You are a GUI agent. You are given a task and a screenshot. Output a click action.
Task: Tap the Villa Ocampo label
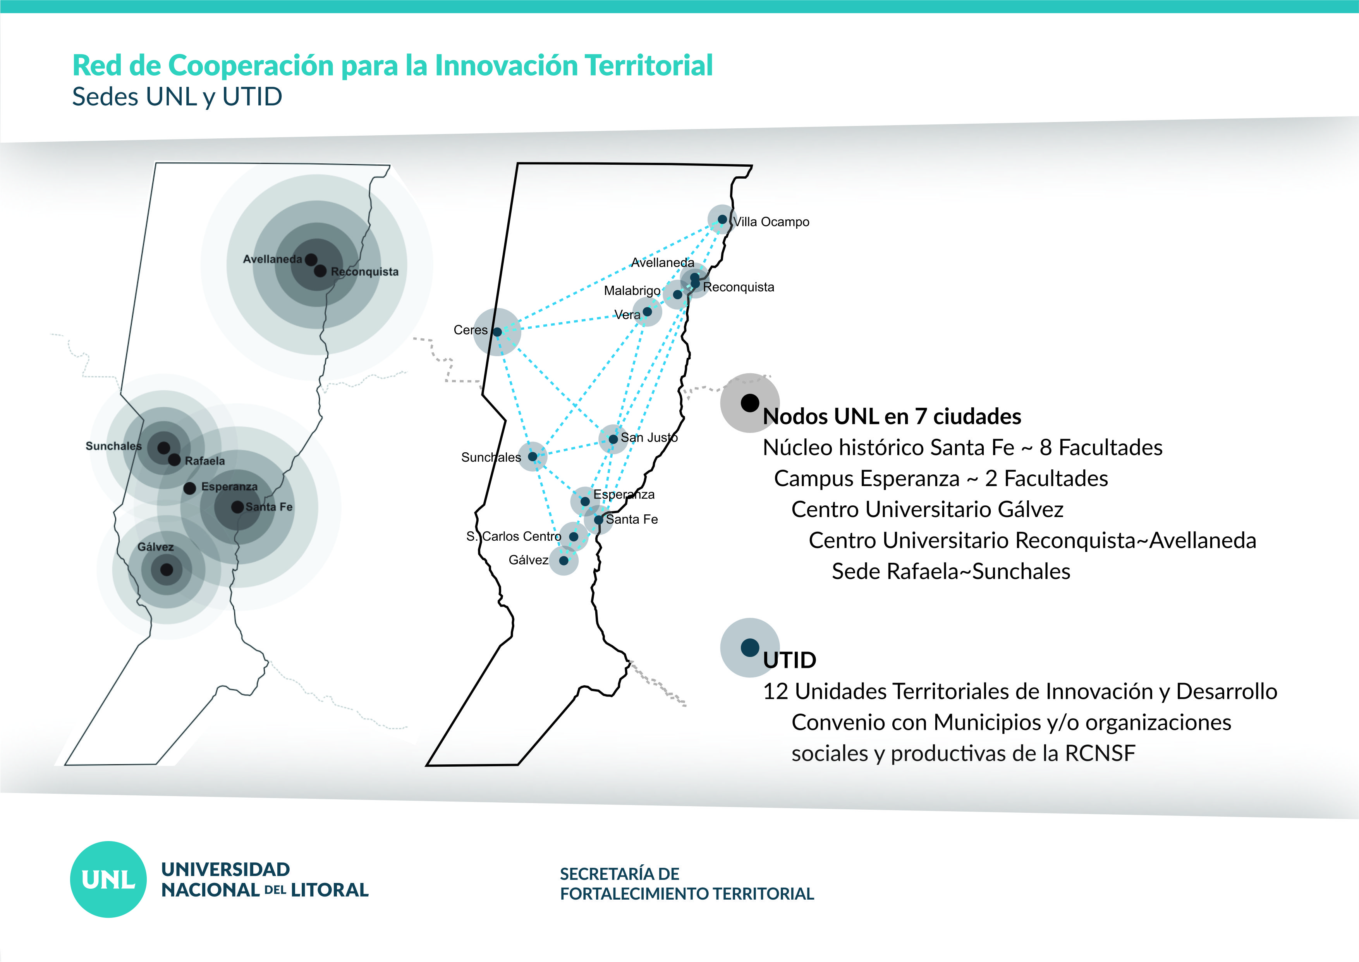[771, 222]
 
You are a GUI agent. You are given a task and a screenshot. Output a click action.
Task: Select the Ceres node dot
[497, 332]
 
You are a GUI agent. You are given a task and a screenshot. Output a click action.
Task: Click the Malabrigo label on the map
[632, 291]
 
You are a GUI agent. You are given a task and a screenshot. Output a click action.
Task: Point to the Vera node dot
[647, 312]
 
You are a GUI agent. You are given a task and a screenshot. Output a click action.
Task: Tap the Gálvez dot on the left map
[167, 569]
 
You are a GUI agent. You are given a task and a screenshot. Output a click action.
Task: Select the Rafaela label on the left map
[205, 461]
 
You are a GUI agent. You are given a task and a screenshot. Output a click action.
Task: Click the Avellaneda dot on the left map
[311, 259]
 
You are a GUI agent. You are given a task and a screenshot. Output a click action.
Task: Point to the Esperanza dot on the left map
[189, 488]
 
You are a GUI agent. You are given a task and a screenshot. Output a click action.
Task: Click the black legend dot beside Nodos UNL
[750, 403]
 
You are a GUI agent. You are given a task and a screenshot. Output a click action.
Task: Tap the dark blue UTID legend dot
[750, 647]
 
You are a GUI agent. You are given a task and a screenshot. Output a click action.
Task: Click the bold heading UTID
[790, 660]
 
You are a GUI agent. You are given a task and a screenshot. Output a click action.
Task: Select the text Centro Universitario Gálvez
[928, 509]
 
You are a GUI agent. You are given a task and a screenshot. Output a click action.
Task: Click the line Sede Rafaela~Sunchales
[951, 572]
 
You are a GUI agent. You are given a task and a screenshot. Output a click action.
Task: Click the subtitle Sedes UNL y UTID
[177, 97]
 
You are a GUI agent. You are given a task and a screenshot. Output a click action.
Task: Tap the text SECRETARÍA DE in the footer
[620, 874]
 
